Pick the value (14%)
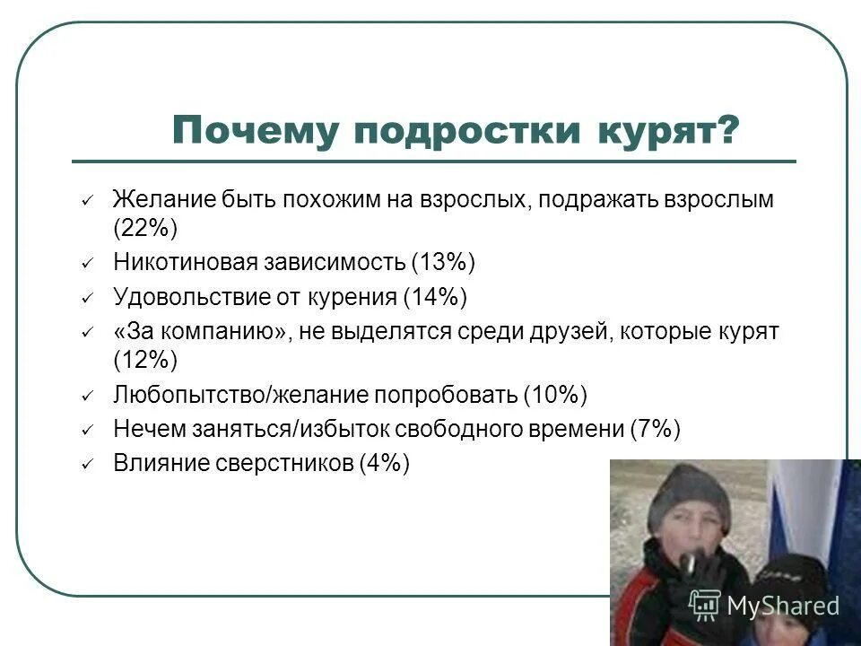[x=435, y=296]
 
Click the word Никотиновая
[x=185, y=262]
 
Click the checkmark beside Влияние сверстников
[x=87, y=465]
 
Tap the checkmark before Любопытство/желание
[x=87, y=397]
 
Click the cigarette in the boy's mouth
[x=688, y=562]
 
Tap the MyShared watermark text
[x=783, y=607]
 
